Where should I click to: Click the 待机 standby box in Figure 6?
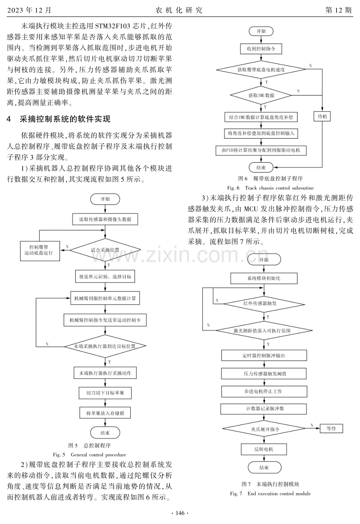tap(322, 116)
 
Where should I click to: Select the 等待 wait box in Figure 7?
tap(331, 428)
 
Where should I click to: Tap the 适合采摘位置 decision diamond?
tap(105, 250)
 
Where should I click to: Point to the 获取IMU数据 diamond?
tap(261, 95)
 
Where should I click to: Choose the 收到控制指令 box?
tap(261, 49)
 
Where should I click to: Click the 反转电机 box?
tap(264, 449)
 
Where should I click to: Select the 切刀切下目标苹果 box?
tap(105, 393)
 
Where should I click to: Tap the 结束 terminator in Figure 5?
tap(105, 433)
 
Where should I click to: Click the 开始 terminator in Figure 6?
tap(261, 31)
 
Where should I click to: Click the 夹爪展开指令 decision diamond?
tap(264, 428)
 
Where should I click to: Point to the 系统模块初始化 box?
tap(264, 278)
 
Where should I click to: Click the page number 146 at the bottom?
tap(180, 513)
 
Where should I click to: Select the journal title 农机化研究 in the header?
tap(179, 10)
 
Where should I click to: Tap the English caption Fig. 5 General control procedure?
tap(89, 455)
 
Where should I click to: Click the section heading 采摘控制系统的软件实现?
tap(65, 119)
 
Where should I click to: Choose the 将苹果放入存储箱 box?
tap(105, 413)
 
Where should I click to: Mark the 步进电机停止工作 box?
tap(264, 391)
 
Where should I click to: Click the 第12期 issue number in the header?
tap(338, 10)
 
